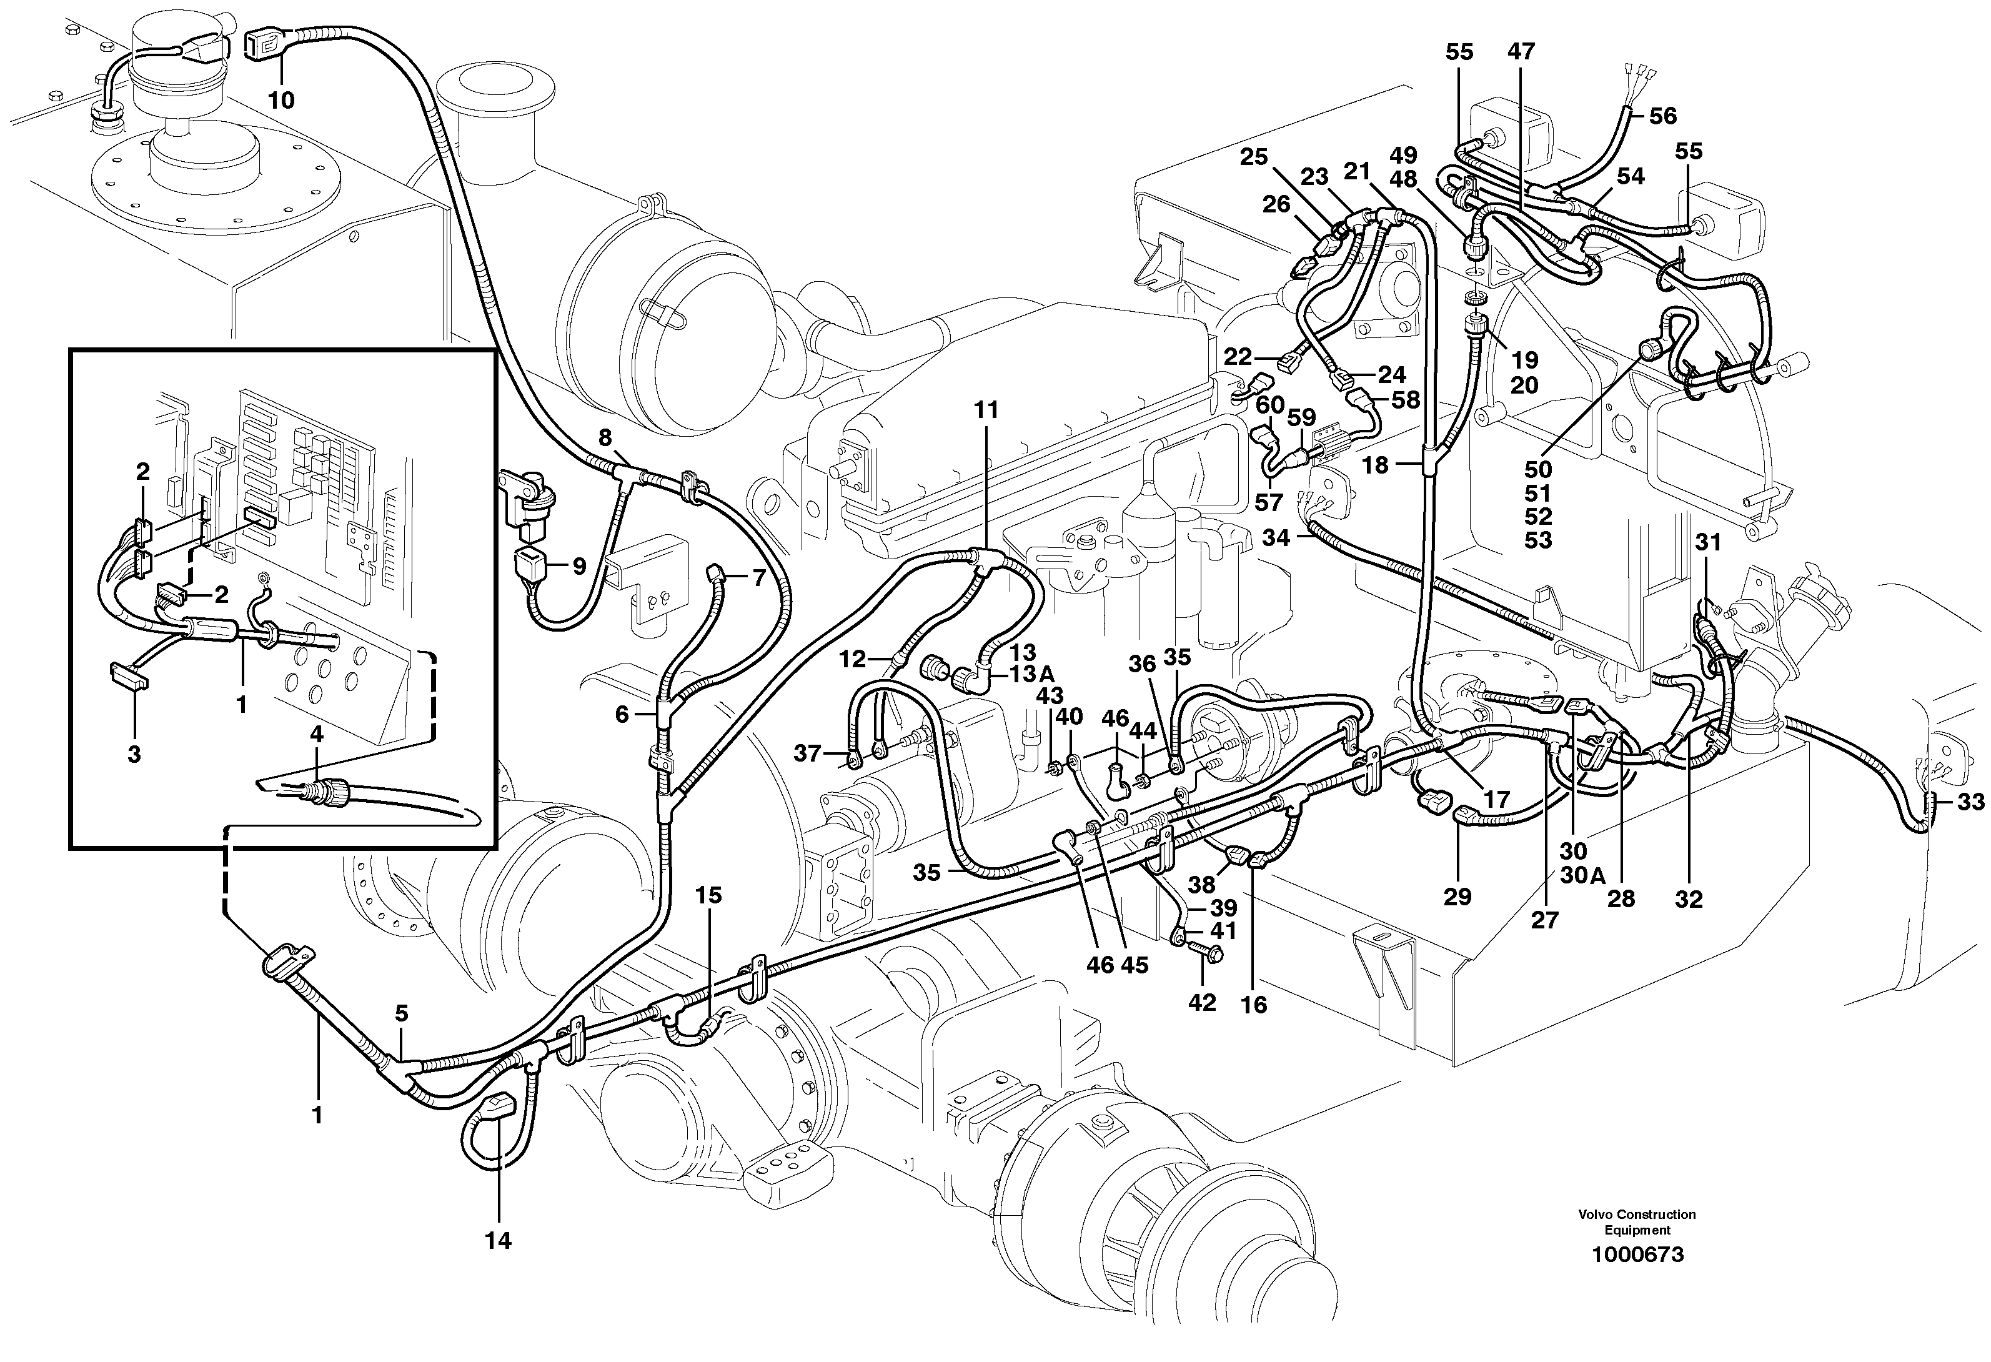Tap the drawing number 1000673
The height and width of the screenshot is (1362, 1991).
click(1637, 1255)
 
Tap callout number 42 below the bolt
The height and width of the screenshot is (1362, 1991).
click(1202, 1003)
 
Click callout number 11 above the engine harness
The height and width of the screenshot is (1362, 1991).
click(986, 410)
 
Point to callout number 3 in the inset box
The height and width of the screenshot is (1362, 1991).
click(134, 754)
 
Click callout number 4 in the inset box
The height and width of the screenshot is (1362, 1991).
click(317, 734)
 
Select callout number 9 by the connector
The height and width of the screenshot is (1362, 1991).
click(579, 566)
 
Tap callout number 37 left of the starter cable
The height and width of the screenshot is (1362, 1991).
click(807, 754)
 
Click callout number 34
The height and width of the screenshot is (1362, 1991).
click(1276, 538)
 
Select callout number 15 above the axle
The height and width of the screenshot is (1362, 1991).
click(708, 895)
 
